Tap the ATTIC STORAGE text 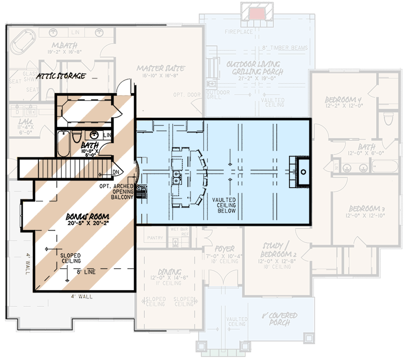(x=62, y=76)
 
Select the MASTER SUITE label (x=161, y=68)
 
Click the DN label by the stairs (x=115, y=172)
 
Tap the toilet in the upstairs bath (x=76, y=136)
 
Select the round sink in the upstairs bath (x=95, y=135)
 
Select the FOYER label (x=225, y=249)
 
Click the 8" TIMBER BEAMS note (x=285, y=48)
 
